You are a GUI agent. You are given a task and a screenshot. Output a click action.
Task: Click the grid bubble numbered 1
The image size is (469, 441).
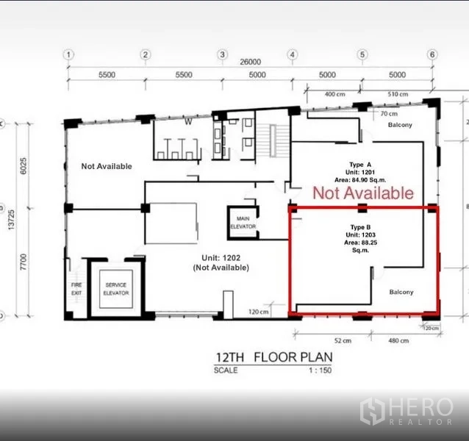69,54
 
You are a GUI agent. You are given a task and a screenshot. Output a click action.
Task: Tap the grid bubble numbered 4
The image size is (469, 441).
293,54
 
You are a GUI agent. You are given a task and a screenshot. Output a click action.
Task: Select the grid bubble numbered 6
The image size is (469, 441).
432,54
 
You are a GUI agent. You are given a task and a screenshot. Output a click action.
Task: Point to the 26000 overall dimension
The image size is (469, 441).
251,62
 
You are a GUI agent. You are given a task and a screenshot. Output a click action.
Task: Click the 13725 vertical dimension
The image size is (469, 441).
11,220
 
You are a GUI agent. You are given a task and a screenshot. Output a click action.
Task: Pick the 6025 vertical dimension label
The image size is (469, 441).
23,166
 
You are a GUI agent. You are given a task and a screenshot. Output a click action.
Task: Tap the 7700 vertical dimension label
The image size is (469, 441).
23,262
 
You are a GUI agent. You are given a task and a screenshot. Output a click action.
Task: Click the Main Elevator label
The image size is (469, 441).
243,223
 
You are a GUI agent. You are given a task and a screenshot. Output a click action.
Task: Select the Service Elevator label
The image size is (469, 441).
116,289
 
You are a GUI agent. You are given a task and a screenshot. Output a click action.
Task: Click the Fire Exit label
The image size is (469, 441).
76,289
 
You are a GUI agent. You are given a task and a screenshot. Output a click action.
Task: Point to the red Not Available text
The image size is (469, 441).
363,193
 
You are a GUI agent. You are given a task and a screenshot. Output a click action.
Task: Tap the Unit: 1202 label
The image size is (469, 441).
221,258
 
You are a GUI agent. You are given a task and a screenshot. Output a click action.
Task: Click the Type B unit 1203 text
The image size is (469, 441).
360,239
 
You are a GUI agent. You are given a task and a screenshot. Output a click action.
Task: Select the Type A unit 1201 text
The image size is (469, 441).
360,172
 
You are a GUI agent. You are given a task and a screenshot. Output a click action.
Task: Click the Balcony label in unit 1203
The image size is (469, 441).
401,292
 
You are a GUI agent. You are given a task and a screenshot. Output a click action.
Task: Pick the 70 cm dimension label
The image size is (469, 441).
389,114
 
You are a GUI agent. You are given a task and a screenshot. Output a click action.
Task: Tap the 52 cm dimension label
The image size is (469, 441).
343,340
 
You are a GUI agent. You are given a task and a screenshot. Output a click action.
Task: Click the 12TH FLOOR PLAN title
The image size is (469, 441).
274,357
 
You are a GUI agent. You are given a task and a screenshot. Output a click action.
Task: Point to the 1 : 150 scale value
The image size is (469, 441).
321,370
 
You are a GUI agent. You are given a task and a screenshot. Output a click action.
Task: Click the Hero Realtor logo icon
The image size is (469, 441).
373,412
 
